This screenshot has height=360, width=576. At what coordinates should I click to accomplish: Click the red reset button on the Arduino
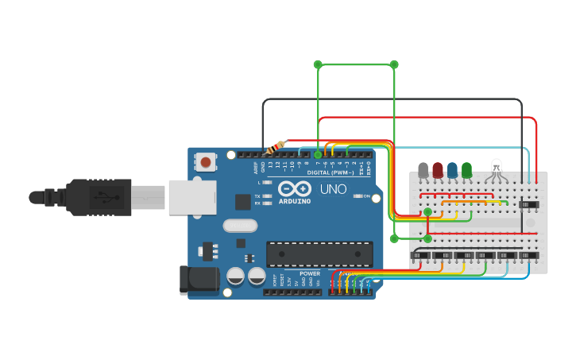(x=206, y=162)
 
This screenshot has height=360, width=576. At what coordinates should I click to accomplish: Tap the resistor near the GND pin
(x=276, y=147)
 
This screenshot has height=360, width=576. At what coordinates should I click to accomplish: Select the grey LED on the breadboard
(x=423, y=170)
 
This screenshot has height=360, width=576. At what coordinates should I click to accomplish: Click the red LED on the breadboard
(x=438, y=170)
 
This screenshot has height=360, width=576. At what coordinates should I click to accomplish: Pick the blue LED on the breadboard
(x=452, y=170)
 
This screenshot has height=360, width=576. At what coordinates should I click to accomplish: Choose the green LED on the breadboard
(x=466, y=170)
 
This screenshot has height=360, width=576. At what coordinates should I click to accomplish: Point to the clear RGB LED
(x=497, y=168)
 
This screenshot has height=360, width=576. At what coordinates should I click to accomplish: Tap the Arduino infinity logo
(x=295, y=190)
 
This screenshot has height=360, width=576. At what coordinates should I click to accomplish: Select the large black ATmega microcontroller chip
(x=319, y=254)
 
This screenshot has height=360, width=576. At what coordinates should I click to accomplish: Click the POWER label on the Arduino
(x=310, y=273)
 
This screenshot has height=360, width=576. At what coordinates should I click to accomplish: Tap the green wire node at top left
(x=318, y=64)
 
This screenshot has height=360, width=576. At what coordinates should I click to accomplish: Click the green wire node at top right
(x=394, y=64)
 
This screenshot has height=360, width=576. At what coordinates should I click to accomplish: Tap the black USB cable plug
(x=95, y=196)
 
